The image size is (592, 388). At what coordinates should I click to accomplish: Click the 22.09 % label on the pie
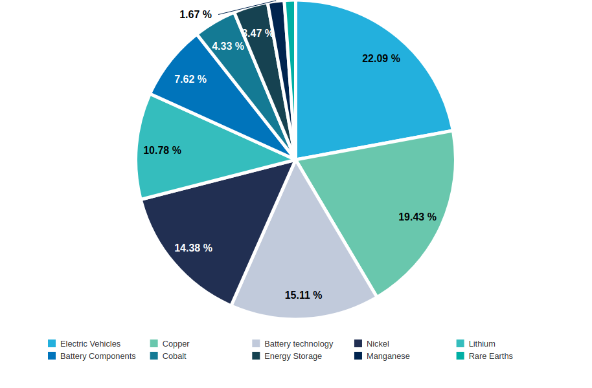pyautogui.click(x=381, y=58)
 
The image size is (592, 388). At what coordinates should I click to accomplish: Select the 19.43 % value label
pyautogui.click(x=417, y=217)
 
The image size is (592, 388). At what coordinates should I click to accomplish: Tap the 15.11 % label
pyautogui.click(x=303, y=295)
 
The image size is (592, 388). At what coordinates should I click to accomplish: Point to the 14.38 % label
pyautogui.click(x=193, y=248)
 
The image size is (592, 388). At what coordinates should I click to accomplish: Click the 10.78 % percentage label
pyautogui.click(x=163, y=150)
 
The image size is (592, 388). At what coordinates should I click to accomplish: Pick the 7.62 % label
pyautogui.click(x=190, y=79)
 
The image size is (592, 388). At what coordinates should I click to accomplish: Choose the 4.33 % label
pyautogui.click(x=228, y=46)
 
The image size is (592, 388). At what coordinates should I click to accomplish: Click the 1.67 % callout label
pyautogui.click(x=196, y=14)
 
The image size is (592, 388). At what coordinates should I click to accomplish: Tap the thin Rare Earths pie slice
pyautogui.click(x=290, y=38)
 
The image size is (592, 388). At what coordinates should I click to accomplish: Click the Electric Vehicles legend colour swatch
pyautogui.click(x=52, y=343)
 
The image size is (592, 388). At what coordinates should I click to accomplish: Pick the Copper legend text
pyautogui.click(x=176, y=344)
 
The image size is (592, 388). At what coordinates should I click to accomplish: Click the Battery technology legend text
pyautogui.click(x=299, y=344)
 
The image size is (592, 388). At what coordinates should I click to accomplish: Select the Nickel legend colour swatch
pyautogui.click(x=358, y=343)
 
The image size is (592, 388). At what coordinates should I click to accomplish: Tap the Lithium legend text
pyautogui.click(x=482, y=344)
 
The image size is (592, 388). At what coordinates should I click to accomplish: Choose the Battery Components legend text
pyautogui.click(x=98, y=356)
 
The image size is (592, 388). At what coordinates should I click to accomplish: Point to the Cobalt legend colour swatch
pyautogui.click(x=154, y=356)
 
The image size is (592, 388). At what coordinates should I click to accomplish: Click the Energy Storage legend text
pyautogui.click(x=293, y=356)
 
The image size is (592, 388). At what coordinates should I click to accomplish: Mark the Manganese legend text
pyautogui.click(x=388, y=356)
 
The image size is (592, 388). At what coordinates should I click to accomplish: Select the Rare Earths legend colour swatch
pyautogui.click(x=461, y=356)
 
